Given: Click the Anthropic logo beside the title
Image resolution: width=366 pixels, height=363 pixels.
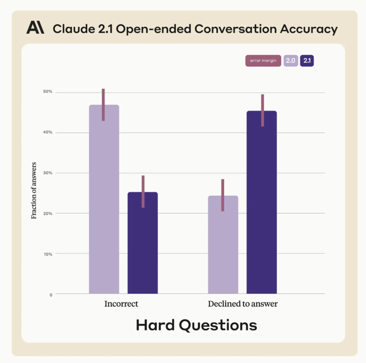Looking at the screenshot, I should coord(35,28).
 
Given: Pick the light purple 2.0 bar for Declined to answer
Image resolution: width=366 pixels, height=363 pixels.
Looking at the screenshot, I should coord(223,247).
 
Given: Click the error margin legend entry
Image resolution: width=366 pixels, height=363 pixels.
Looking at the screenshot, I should coord(263,61).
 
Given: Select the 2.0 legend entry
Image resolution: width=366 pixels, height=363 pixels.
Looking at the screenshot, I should coord(291,61).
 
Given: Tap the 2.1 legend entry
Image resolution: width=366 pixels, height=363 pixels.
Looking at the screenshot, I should coord(307,61).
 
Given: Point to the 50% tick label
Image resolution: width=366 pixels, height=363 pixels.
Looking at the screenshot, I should coord(48,91).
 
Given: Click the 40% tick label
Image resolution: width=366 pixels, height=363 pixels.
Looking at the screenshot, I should coord(48,132).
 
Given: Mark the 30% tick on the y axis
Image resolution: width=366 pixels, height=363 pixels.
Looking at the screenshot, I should coord(48,173).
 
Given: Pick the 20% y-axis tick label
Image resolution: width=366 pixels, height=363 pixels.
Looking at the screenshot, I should coord(48,213).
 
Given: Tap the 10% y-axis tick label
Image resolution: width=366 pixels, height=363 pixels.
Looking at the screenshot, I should coord(48,254).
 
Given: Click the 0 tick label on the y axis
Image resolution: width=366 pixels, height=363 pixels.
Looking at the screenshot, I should coord(51,295).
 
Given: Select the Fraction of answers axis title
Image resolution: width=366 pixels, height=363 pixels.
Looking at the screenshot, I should coord(34,190).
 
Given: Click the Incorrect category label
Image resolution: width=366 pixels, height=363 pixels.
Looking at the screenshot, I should coord(121,304).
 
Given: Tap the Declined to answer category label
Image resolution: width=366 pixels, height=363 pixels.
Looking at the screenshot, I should coord(243,304).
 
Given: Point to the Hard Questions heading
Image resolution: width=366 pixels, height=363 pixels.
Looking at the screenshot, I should coord(196,325).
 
